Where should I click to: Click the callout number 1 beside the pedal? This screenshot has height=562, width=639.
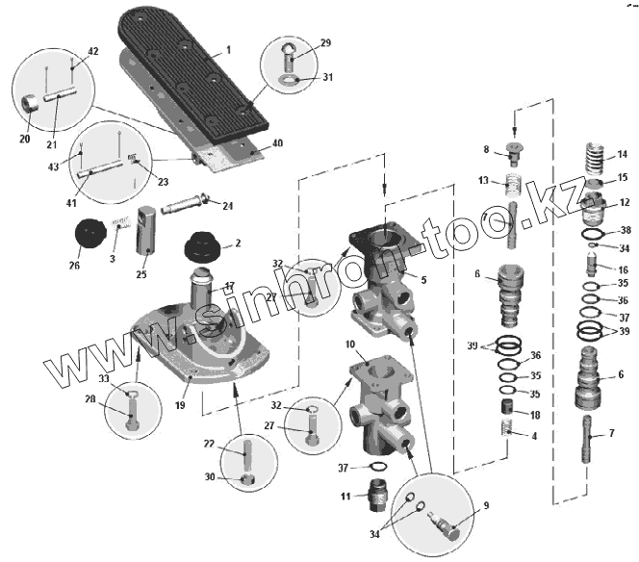[x=229, y=49]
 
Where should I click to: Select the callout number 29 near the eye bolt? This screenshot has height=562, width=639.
[x=325, y=43]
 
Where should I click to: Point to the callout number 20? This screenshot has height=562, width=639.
[x=24, y=138]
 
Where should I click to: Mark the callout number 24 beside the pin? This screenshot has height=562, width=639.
[x=228, y=205]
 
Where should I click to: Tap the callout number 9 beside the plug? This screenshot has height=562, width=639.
[x=486, y=504]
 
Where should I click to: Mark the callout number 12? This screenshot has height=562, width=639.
[x=624, y=202]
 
